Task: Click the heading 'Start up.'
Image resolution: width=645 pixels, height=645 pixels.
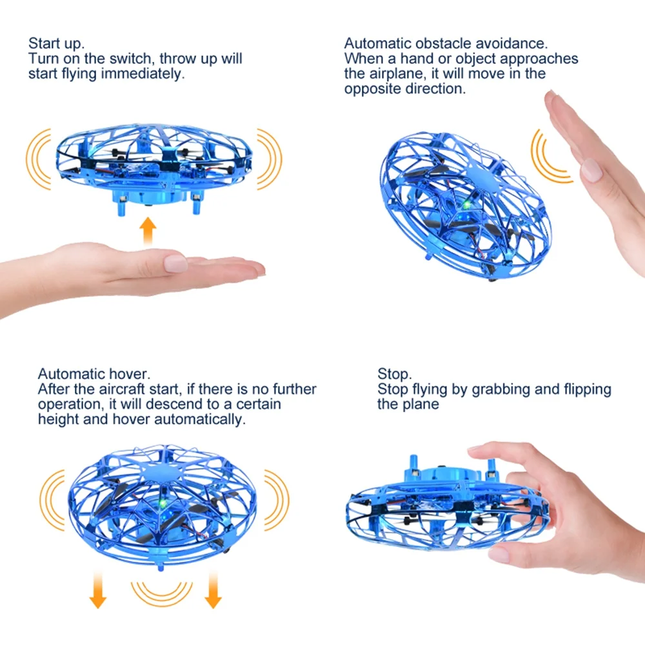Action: (x=56, y=44)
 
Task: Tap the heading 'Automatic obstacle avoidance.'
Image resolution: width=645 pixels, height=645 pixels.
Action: (x=446, y=44)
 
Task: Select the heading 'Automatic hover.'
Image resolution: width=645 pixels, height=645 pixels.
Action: (x=94, y=374)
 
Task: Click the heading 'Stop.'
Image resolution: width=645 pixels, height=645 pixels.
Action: (x=393, y=374)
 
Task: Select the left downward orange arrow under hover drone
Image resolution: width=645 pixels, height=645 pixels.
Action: (x=97, y=590)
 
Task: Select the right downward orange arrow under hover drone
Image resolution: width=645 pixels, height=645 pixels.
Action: (x=213, y=590)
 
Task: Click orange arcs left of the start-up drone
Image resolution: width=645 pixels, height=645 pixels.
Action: (x=39, y=158)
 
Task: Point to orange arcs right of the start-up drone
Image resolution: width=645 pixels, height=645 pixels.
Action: (x=270, y=158)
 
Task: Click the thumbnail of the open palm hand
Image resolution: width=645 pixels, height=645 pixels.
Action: (x=175, y=263)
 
